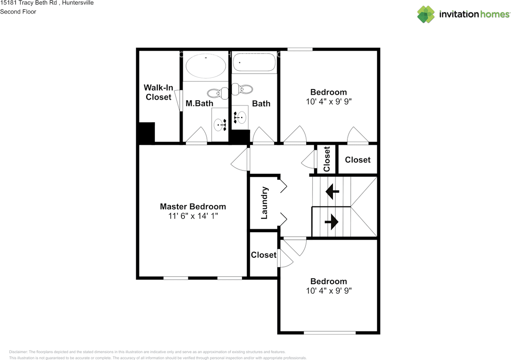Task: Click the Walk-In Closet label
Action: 158,92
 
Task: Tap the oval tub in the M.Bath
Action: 206,66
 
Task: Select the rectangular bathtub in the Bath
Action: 254,63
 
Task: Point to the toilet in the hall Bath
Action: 242,89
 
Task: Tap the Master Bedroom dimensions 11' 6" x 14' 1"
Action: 193,216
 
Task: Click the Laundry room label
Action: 264,203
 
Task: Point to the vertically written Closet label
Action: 327,159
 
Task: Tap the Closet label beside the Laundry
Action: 263,255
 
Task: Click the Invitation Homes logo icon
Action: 426,14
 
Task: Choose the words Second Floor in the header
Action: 18,12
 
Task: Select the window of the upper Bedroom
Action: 299,49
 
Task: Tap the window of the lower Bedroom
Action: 329,332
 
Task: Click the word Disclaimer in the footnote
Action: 18,352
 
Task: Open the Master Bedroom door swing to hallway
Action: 240,160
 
